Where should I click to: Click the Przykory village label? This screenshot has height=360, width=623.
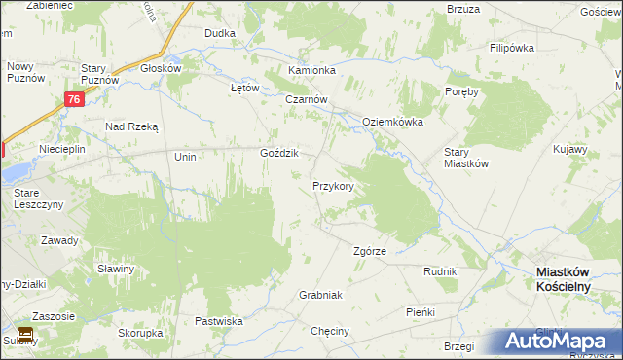click(339, 185)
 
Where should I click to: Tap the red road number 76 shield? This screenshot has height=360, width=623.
click(75, 99)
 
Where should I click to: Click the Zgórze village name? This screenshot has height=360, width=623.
click(369, 251)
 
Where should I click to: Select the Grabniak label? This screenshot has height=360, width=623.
click(320, 294)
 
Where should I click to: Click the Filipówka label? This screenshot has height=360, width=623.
click(515, 47)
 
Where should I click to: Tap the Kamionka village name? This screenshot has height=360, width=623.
click(311, 71)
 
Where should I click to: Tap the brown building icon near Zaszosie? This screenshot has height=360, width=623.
click(25, 335)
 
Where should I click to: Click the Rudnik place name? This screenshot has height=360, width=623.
click(440, 271)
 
